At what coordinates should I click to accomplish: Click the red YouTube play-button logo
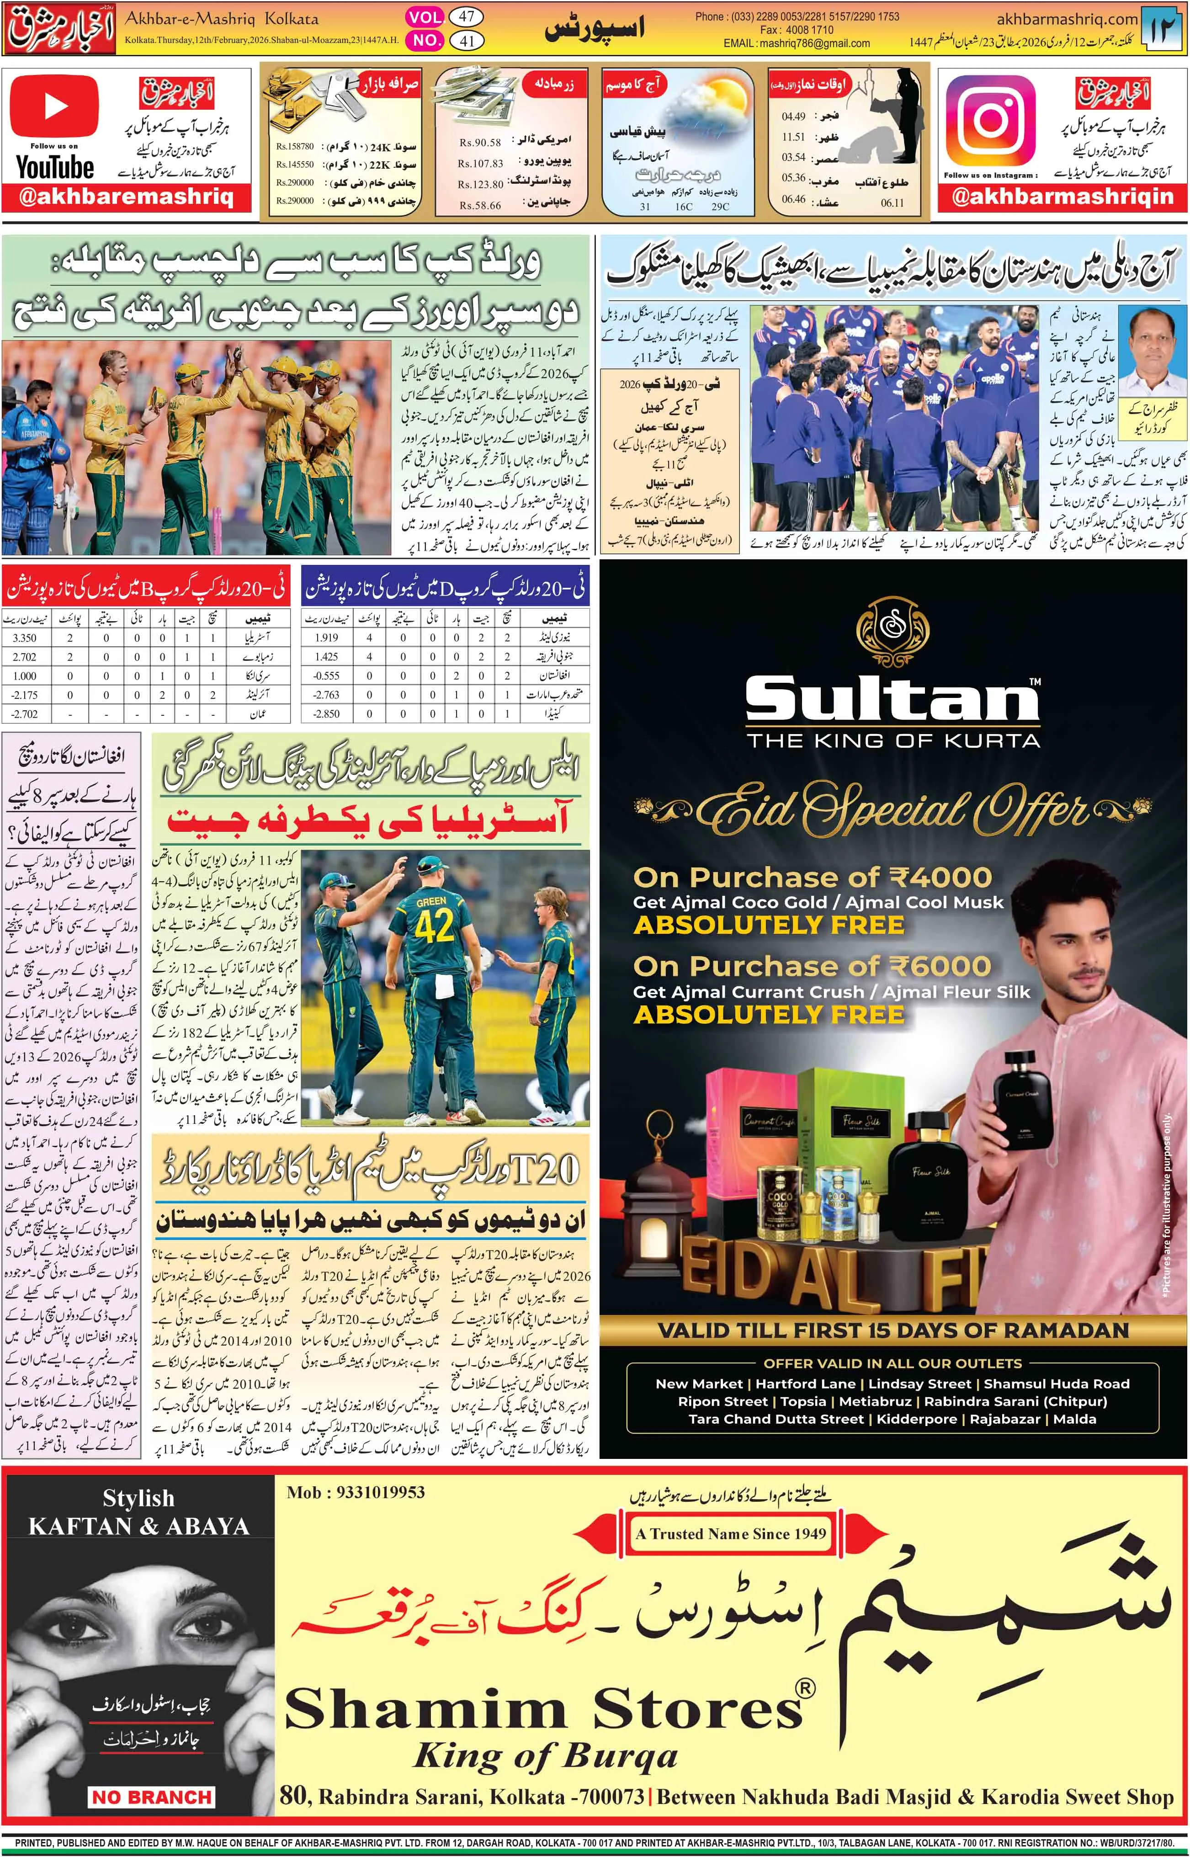54,106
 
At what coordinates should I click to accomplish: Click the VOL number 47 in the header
467,17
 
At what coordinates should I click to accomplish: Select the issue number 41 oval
467,41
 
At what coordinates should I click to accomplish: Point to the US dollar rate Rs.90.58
480,142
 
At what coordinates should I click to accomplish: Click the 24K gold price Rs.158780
295,146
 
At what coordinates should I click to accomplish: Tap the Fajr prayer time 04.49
794,117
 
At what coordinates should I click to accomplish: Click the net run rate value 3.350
25,638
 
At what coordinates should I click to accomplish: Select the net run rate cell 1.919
326,638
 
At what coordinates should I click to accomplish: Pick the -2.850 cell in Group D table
326,713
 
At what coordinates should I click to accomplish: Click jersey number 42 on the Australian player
434,926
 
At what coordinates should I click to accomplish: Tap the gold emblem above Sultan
892,632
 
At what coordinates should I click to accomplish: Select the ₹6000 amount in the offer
939,966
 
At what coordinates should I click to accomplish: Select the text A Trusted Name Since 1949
730,1533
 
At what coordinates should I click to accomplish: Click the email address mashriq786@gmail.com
815,44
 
